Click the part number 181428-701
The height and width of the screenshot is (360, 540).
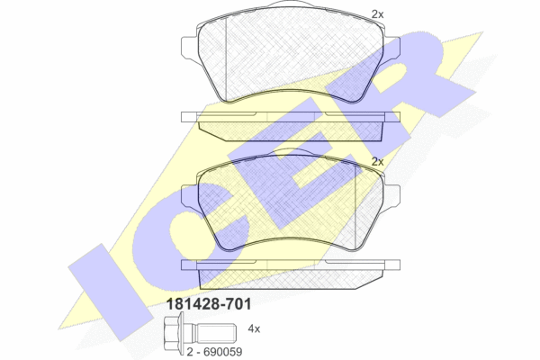point(209,304)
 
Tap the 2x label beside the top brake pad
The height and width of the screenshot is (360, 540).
point(377,14)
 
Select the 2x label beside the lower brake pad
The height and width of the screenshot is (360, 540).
point(377,162)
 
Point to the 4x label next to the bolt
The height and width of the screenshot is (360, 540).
point(254,329)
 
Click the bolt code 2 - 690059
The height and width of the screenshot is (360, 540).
point(214,352)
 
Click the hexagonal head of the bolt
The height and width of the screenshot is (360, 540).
point(173,333)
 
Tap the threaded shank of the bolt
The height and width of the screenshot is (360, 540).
point(216,333)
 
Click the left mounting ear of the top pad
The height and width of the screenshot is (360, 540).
point(189,47)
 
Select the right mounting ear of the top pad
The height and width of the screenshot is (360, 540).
point(391,47)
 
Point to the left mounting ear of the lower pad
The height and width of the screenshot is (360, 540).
point(189,195)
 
